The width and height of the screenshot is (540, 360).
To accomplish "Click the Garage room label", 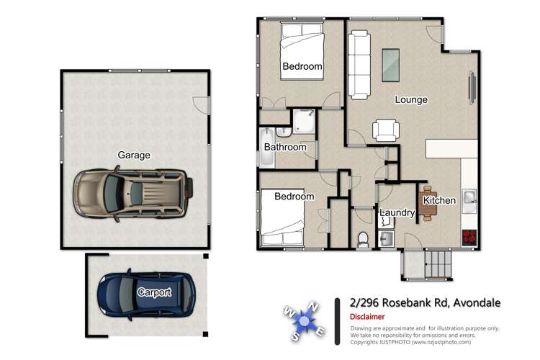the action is [x=134, y=155].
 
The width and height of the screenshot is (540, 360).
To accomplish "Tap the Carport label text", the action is [x=154, y=292].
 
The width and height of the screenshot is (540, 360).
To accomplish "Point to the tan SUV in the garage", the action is [x=133, y=194].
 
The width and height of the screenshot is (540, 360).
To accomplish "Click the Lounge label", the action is [x=411, y=99].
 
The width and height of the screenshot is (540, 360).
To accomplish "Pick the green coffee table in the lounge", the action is [x=391, y=65].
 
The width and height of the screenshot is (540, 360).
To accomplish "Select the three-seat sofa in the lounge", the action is [x=359, y=65].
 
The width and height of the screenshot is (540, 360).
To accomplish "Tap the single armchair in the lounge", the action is [x=386, y=130].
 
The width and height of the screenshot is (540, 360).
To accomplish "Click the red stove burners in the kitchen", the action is [x=469, y=237].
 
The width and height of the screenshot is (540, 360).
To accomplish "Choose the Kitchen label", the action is [x=439, y=200].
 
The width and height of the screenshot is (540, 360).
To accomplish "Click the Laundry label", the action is [x=397, y=212].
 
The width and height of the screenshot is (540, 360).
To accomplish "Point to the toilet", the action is [x=363, y=240].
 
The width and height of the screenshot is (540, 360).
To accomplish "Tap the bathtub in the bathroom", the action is [x=267, y=148].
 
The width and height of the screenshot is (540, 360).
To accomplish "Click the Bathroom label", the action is [x=285, y=147].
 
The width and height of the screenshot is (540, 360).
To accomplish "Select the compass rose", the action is [x=304, y=321].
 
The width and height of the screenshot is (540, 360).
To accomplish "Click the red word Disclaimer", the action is [x=367, y=317].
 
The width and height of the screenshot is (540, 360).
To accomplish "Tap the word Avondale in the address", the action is [x=477, y=303].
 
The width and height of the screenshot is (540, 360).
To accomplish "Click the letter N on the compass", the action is [x=313, y=305].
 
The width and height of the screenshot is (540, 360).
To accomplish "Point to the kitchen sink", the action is [x=469, y=201].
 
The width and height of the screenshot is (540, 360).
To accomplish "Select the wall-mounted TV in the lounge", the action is [x=472, y=87].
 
